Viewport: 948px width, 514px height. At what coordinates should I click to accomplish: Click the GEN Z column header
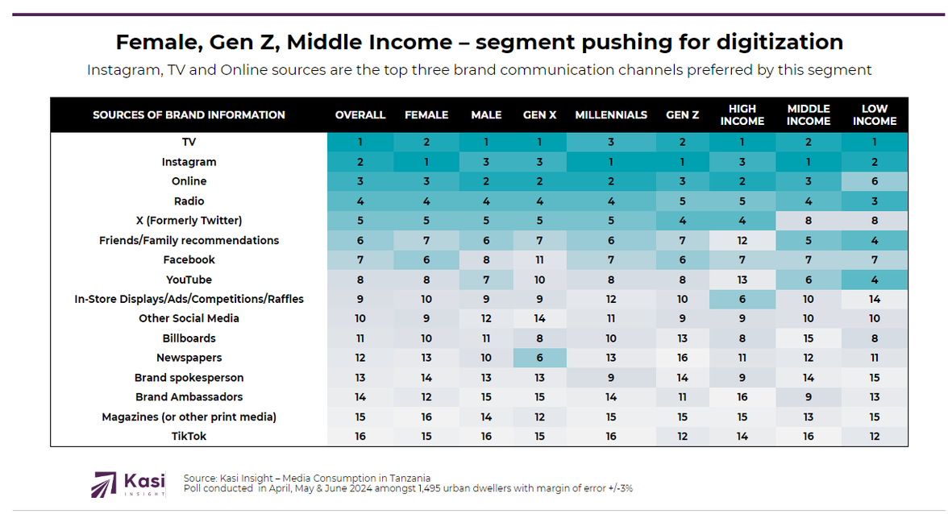click(682, 115)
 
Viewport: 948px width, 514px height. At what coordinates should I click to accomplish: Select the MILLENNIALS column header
click(611, 115)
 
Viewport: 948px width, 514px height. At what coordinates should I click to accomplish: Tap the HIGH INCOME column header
click(742, 115)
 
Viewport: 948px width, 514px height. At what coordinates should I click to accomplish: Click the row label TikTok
click(189, 437)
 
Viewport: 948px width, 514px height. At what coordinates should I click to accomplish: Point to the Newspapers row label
click(189, 358)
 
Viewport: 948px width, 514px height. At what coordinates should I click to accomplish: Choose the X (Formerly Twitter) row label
click(189, 221)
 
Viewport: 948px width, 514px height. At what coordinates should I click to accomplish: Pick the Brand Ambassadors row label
click(189, 397)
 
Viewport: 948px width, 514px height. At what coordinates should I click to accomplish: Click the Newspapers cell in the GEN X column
click(540, 358)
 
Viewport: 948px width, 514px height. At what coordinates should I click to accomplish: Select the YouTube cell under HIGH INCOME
click(742, 280)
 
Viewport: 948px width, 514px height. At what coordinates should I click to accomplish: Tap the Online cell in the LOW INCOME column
click(875, 181)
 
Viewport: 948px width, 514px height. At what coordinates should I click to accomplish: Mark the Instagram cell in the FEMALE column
click(426, 162)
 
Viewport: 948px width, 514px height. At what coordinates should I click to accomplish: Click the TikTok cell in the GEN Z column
click(682, 437)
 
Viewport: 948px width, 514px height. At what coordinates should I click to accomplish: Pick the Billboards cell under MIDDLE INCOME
click(809, 338)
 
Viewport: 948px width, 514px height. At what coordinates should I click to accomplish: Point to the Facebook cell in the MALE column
click(486, 259)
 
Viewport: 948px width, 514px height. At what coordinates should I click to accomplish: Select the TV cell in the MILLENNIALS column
click(611, 142)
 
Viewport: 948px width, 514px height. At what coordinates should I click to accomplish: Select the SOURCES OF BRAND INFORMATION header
click(189, 115)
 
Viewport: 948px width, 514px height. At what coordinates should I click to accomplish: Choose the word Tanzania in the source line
click(407, 478)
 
